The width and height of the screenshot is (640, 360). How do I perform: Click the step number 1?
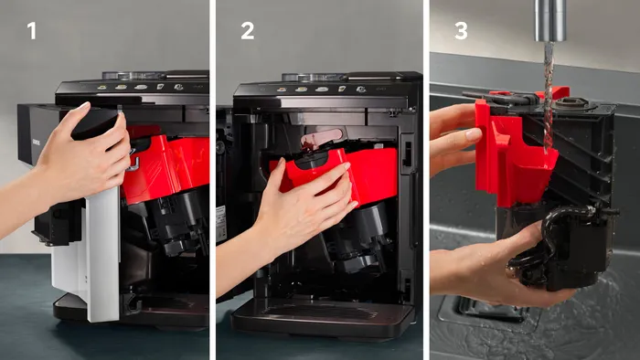(x=31, y=31)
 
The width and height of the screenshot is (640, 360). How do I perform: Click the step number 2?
(x=248, y=31)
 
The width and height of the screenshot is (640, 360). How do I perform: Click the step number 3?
(x=461, y=31)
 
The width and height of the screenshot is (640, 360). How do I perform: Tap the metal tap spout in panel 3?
(x=550, y=20)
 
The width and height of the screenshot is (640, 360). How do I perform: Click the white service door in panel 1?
(x=102, y=253)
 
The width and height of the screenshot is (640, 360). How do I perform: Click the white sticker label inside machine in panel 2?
(x=221, y=224)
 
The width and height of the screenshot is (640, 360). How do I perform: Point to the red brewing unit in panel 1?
(x=167, y=167)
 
